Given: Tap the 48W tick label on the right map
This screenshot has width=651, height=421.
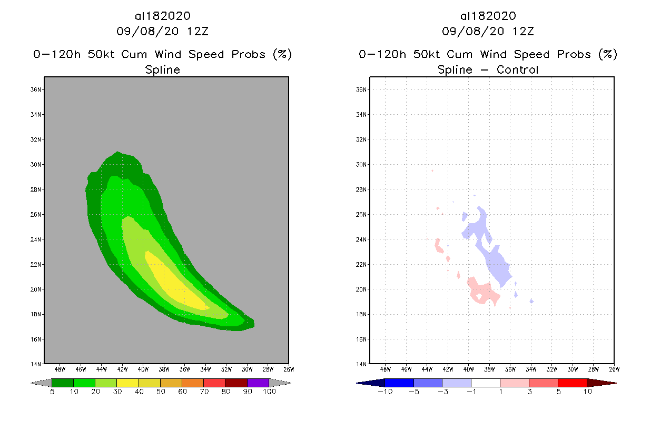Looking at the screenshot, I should click(386, 369).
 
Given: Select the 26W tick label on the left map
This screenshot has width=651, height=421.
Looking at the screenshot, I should click(288, 369).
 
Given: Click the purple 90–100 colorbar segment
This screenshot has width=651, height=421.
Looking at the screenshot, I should click(258, 383).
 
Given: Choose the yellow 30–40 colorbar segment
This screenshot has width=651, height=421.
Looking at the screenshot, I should click(127, 383).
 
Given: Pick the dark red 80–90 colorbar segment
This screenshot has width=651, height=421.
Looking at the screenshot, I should click(236, 383).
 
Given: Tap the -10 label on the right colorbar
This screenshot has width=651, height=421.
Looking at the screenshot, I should click(384, 392).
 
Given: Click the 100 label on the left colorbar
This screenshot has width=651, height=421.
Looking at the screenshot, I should click(269, 392).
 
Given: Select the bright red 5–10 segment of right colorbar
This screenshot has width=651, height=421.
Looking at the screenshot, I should click(572, 383).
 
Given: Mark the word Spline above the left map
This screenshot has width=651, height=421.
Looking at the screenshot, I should click(163, 69).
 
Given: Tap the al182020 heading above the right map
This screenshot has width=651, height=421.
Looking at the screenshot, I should click(488, 16).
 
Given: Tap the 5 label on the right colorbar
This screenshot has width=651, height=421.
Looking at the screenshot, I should click(558, 392).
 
